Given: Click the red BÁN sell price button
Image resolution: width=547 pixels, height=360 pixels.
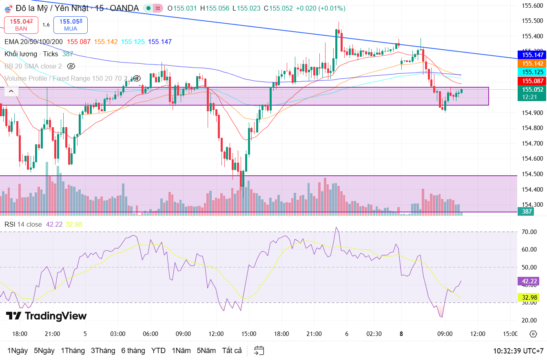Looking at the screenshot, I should pos(21,24).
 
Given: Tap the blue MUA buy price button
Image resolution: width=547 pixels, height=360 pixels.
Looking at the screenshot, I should pos(70,24).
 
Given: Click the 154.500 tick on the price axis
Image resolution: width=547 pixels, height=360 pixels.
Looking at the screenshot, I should pos(532,174).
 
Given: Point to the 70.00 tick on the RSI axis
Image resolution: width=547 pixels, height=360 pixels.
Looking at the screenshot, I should pos(529,232).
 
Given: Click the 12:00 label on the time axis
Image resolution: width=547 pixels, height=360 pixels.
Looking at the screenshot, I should pos(478,333).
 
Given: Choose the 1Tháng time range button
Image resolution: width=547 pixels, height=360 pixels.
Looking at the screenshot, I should pos(73,351).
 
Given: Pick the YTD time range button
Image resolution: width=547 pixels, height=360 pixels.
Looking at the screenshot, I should pos(158,351).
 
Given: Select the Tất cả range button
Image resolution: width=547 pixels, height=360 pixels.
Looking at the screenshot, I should pos(232,351).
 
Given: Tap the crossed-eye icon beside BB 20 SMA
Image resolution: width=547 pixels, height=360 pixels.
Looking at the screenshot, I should pos(71,66).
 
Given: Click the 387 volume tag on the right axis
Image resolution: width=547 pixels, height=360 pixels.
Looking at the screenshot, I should pos(527,211).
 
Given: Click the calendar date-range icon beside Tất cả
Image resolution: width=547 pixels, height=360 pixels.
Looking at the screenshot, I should pos(259,351).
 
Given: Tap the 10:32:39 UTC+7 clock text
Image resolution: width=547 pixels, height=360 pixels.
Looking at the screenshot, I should pos(518,351).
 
